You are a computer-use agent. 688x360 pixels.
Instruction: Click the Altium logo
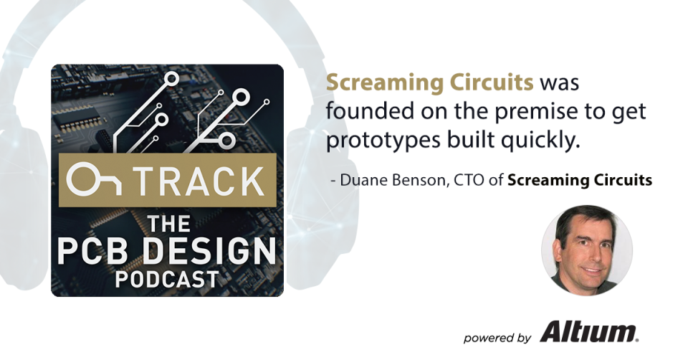[x=589, y=333]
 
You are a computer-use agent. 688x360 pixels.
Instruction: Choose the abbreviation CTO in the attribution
[x=463, y=180]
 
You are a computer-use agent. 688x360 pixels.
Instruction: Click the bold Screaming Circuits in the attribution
[x=580, y=180]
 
